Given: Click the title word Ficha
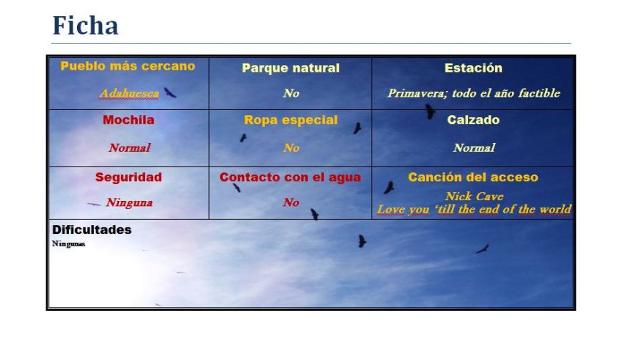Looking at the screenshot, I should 85,26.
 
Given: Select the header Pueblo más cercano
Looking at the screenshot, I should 128,66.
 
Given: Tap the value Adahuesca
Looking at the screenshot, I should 129,94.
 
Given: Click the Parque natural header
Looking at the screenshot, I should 290,68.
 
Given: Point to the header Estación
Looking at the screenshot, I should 473,68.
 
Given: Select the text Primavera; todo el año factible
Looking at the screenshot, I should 473,93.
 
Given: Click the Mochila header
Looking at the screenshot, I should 128,120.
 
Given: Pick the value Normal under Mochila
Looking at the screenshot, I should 129,147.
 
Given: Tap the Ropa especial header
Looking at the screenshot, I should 290,120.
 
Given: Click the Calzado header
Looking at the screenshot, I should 473,120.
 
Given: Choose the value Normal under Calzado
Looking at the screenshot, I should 473,147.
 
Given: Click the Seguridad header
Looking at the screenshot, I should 128,177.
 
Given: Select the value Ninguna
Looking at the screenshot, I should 129,202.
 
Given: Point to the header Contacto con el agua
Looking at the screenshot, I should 290,177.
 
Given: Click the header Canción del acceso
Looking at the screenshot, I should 473,177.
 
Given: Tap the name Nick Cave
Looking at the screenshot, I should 474,196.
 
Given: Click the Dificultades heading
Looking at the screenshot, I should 92,229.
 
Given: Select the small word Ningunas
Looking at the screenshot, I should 68,244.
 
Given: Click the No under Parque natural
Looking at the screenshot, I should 290,93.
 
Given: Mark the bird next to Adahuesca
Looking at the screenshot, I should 170,92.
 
